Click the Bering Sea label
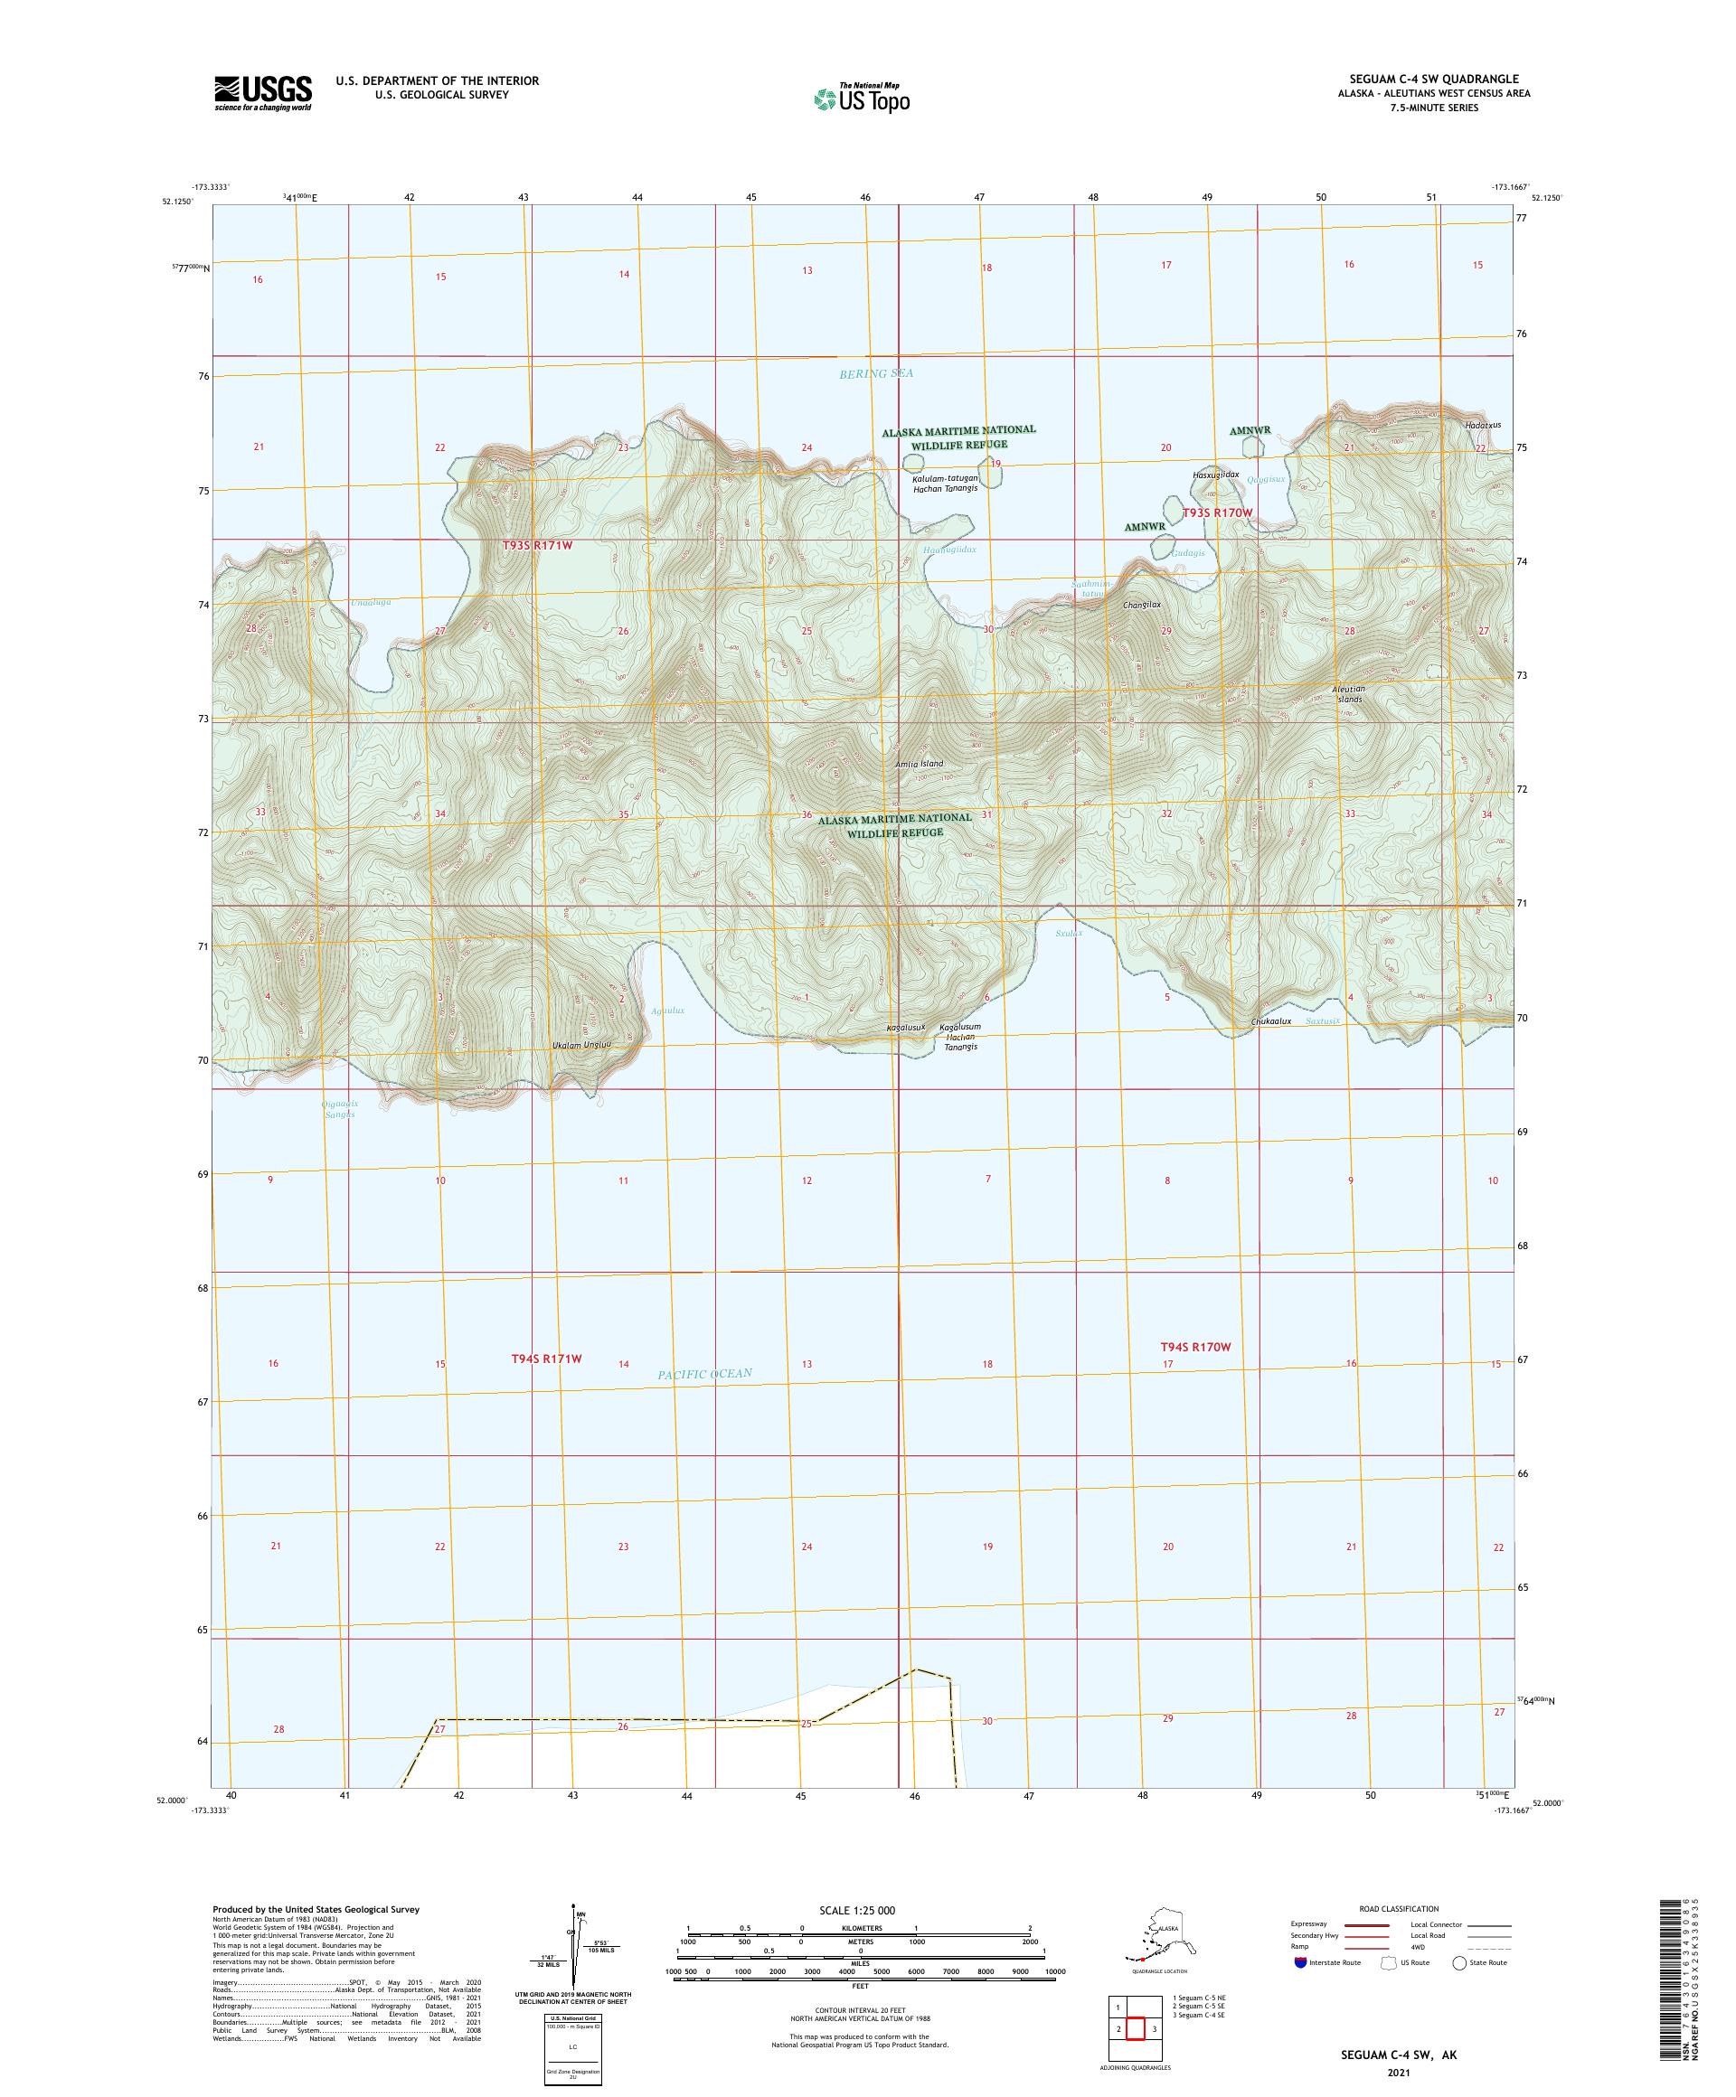coord(876,373)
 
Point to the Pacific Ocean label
coord(704,1374)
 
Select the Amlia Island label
coord(918,764)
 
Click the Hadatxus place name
coord(1482,425)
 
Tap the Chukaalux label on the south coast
coord(1270,1021)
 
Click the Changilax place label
coord(1142,605)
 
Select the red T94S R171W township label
coord(545,1359)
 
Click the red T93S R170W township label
coord(1217,512)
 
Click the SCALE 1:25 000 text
coord(856,1910)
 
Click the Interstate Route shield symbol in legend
coord(1299,1962)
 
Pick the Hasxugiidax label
coord(1215,475)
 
